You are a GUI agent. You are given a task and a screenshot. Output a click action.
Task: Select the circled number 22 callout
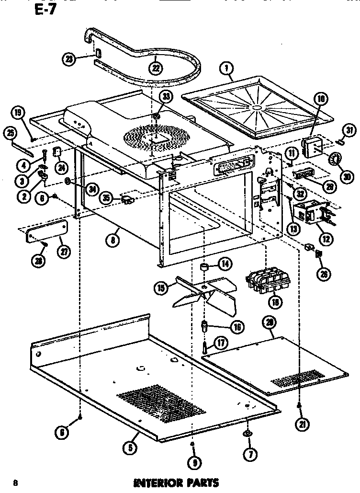click(155, 68)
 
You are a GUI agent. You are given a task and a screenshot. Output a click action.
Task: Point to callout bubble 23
click(70, 59)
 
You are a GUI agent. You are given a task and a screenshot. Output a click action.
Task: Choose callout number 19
click(19, 113)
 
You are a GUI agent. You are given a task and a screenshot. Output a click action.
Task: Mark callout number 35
click(106, 197)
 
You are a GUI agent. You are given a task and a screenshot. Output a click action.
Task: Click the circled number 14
click(225, 263)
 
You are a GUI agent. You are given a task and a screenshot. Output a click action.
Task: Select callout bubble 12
click(313, 237)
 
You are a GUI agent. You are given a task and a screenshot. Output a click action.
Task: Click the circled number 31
click(350, 130)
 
